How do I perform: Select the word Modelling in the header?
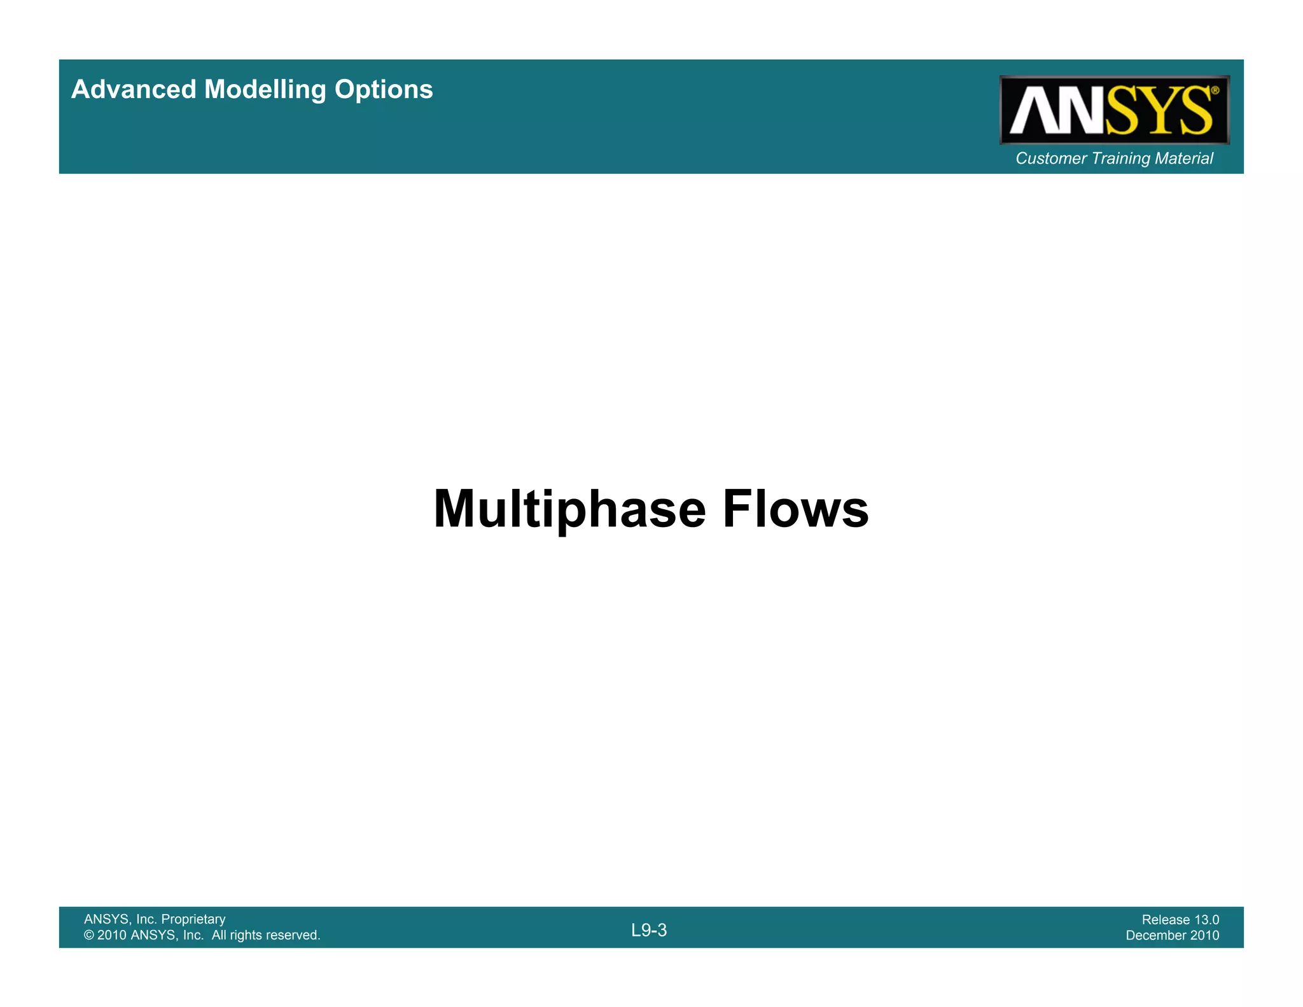click(265, 90)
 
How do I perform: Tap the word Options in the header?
click(384, 90)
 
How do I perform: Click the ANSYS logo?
click(1113, 110)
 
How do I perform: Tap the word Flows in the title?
click(795, 509)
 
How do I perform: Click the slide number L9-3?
click(649, 931)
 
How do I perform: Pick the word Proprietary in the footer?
click(193, 919)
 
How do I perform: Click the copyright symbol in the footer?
click(89, 935)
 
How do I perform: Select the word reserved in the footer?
click(292, 935)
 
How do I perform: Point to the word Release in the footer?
click(1166, 920)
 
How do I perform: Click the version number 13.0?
click(1206, 920)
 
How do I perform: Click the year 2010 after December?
click(1205, 935)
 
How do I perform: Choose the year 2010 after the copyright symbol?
click(112, 935)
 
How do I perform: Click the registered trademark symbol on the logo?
click(1215, 91)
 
